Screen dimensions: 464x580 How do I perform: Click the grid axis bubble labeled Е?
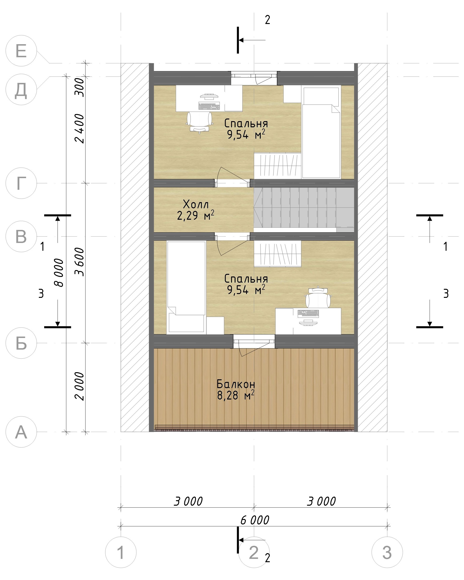click(21, 51)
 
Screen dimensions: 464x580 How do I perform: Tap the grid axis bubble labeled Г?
click(21, 183)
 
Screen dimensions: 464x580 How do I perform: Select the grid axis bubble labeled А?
click(21, 432)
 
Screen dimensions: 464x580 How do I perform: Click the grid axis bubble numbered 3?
click(387, 552)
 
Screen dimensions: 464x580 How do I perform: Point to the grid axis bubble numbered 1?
click(121, 552)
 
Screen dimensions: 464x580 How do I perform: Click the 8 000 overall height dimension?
click(59, 272)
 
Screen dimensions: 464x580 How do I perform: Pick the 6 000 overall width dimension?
click(255, 520)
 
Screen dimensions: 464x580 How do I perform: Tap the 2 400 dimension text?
click(80, 128)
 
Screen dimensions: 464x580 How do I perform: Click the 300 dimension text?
click(80, 87)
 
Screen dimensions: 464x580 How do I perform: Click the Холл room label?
click(196, 204)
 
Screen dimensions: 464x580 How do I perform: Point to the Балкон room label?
click(236, 384)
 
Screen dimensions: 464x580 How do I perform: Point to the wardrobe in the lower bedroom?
click(278, 254)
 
